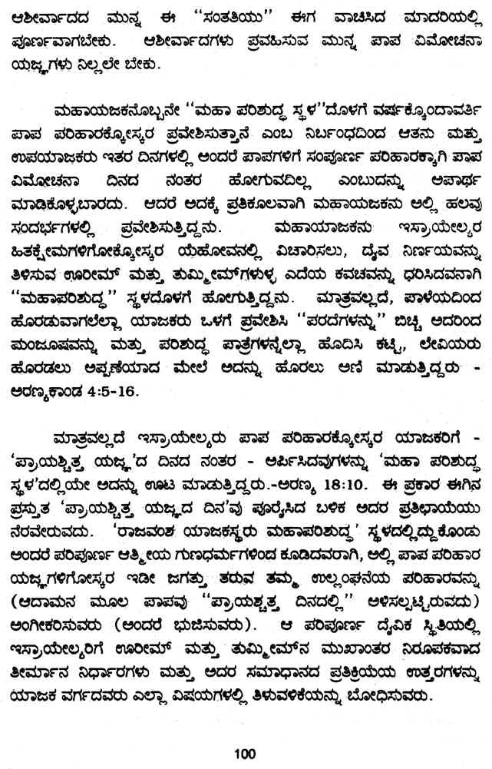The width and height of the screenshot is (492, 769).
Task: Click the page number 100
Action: (245, 754)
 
